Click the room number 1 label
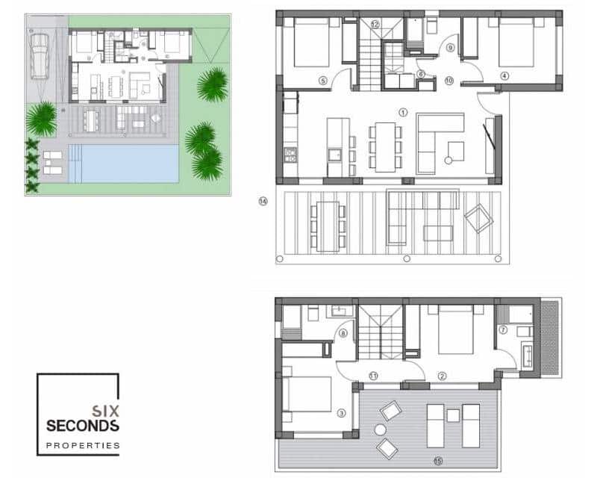click(403, 113)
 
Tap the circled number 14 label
click(263, 200)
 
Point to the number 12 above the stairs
click(375, 25)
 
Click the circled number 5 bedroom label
click(323, 80)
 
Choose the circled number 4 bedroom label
click(504, 75)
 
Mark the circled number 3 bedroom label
click(341, 412)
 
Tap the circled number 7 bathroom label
click(503, 329)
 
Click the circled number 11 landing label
click(372, 376)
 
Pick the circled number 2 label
click(442, 376)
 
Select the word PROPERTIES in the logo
click(82, 445)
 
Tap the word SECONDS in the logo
click(82, 426)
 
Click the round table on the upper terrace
click(380, 430)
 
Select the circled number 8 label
click(343, 334)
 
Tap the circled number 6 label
click(421, 74)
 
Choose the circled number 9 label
click(450, 48)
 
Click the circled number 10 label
click(449, 79)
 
